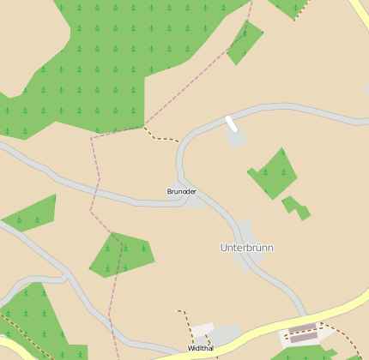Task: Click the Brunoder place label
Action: [181, 191]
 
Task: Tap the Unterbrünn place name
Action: [246, 248]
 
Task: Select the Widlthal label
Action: [201, 349]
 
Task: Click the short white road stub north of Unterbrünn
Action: [231, 123]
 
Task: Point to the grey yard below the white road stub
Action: [236, 138]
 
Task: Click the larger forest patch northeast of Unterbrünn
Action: [274, 175]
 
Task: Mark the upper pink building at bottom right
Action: [303, 329]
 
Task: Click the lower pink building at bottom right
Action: [304, 339]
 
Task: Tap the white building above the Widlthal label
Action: [202, 331]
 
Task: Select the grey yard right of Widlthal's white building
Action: [225, 333]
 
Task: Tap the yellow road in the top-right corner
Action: [360, 10]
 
